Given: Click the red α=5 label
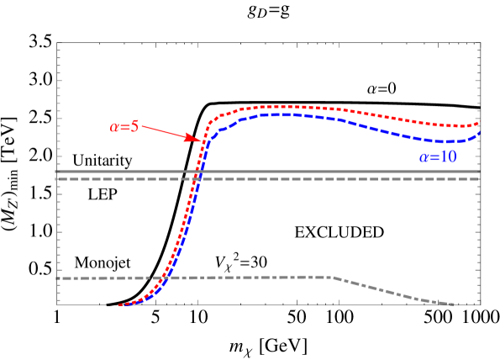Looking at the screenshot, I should (124, 127).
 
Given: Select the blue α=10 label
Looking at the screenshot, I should (438, 157).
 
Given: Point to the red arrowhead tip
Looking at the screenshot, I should (201, 140).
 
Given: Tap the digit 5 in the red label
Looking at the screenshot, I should (134, 127).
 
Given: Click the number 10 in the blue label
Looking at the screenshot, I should (448, 157).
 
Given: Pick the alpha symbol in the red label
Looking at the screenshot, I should (114, 128).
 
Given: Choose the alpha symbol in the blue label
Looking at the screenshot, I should (424, 158).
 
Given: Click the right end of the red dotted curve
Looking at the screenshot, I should (479, 123).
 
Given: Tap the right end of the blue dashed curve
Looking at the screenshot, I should (479, 132).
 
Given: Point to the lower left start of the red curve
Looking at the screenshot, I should (120, 304).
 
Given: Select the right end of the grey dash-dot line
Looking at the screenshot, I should (454, 304).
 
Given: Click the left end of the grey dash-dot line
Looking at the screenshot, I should (57, 278).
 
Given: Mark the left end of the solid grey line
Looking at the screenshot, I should (55, 172).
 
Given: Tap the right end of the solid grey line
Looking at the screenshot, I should (479, 172).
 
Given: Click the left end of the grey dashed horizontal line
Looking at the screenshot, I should (56, 179).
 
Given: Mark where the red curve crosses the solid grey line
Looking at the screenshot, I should (197, 172).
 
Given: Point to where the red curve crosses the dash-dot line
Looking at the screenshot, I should (164, 278).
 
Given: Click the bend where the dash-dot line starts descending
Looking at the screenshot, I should (334, 278).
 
